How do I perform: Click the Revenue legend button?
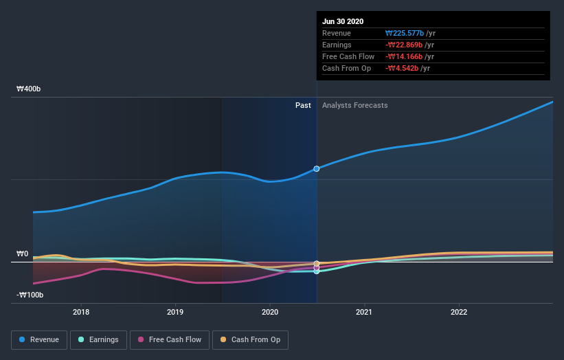click(x=40, y=339)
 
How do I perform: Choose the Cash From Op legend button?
click(x=251, y=339)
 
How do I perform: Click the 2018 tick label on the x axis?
click(x=81, y=312)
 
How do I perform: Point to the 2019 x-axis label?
click(x=175, y=312)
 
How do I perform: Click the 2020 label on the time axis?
click(x=270, y=312)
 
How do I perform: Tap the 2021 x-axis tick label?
click(x=364, y=312)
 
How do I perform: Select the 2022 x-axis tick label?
click(x=458, y=312)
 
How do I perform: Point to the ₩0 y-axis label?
click(x=23, y=254)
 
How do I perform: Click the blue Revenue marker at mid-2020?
click(x=317, y=168)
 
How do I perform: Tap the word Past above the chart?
click(x=303, y=106)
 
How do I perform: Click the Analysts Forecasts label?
click(x=354, y=106)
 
